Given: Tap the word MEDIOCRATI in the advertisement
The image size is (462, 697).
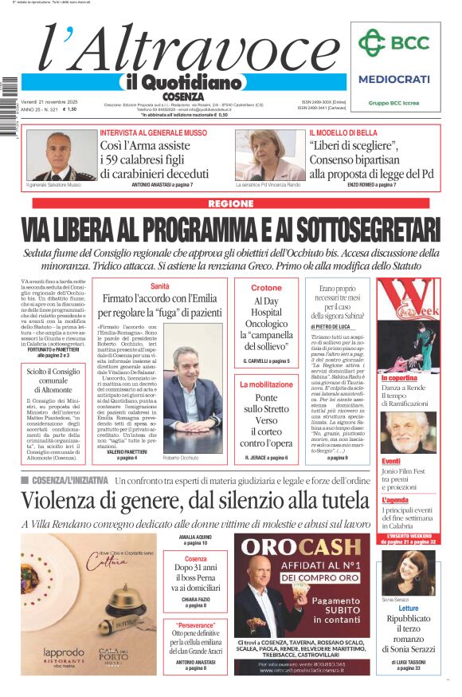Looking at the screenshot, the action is pos(393,79).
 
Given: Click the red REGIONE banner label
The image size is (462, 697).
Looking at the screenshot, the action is pos(230,203).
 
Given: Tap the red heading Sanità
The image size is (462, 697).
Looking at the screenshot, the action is pos(160,285).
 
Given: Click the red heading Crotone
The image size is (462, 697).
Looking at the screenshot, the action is pos(266,288).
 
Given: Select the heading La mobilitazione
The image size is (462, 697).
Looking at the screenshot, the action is pos(266,384).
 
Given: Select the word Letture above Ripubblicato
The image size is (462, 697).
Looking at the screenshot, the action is pos(408,608).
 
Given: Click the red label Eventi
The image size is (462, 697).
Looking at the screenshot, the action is pos(391,461).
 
